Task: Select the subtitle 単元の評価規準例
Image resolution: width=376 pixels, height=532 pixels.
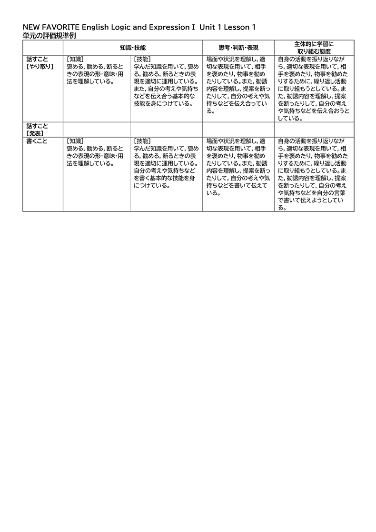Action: click(x=49, y=36)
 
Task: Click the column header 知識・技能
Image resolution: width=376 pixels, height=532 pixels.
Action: click(x=133, y=48)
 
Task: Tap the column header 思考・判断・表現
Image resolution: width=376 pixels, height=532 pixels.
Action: click(x=238, y=48)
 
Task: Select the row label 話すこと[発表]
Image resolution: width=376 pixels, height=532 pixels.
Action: click(x=39, y=130)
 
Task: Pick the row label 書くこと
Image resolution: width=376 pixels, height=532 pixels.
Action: click(x=37, y=141)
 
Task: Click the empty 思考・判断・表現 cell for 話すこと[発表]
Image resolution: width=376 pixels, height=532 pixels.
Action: click(x=238, y=130)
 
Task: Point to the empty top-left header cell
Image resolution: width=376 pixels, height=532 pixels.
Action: click(x=43, y=48)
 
